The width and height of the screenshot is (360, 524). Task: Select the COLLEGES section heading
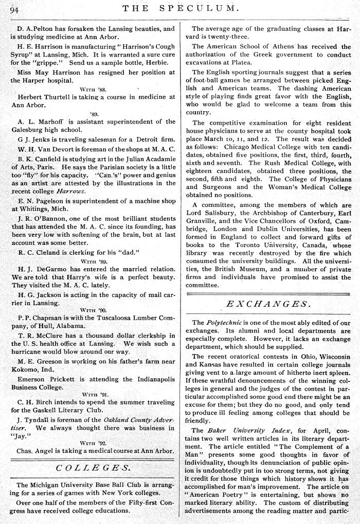tap(93, 468)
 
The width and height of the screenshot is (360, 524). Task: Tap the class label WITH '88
tap(93, 90)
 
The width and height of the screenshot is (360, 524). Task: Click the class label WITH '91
tap(93, 395)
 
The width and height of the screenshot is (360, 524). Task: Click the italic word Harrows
tap(70, 191)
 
